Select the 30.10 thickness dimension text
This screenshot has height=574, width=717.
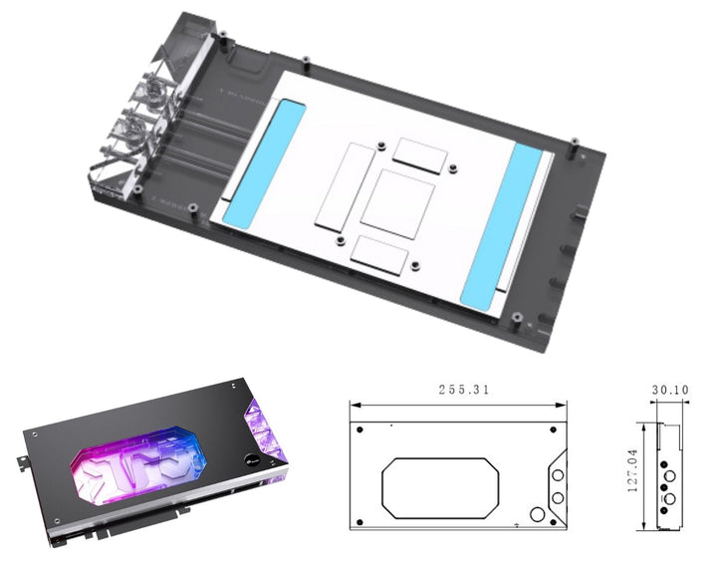672,391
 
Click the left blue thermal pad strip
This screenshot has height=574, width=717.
252,160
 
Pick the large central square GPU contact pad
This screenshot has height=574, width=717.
397,203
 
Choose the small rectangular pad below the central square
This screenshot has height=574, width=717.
380,255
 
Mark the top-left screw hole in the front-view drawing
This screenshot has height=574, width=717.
359,429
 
